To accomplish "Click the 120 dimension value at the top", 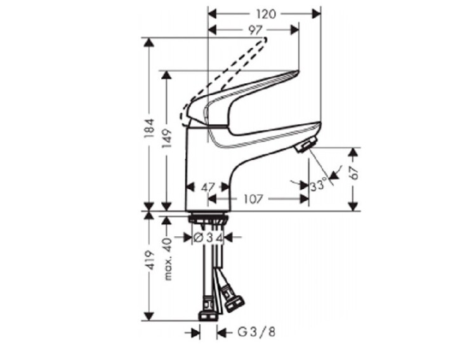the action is tap(266, 14).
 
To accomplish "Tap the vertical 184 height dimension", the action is tap(149, 128).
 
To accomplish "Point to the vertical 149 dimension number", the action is tap(167, 138).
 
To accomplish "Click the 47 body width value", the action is tap(208, 187).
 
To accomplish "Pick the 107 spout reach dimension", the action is tap(253, 199).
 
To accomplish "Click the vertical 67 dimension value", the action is tap(354, 173).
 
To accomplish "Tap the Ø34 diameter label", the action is tap(208, 237).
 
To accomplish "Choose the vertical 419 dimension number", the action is tap(150, 260).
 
